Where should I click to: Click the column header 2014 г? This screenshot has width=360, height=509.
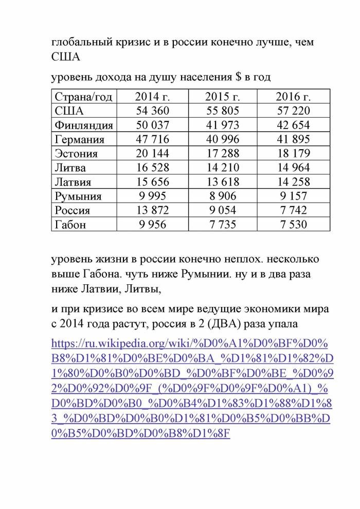coord(152,97)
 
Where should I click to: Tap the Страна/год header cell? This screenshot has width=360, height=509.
coord(84,97)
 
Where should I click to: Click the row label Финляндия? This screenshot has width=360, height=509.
coord(84,125)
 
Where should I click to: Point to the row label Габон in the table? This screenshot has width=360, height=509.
coord(71,225)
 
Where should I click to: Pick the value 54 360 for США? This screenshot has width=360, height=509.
coord(152,111)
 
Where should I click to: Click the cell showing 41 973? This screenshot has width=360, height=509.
coord(223,125)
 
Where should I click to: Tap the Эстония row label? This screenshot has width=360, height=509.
coord(76,154)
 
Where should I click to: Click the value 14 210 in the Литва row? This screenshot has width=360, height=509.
coord(223,168)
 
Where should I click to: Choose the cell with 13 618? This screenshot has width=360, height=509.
coord(223,182)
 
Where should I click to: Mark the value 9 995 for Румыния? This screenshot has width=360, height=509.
coord(152,196)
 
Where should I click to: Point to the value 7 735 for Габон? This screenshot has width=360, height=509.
coord(223,225)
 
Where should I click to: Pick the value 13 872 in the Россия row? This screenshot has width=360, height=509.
coord(152,210)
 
